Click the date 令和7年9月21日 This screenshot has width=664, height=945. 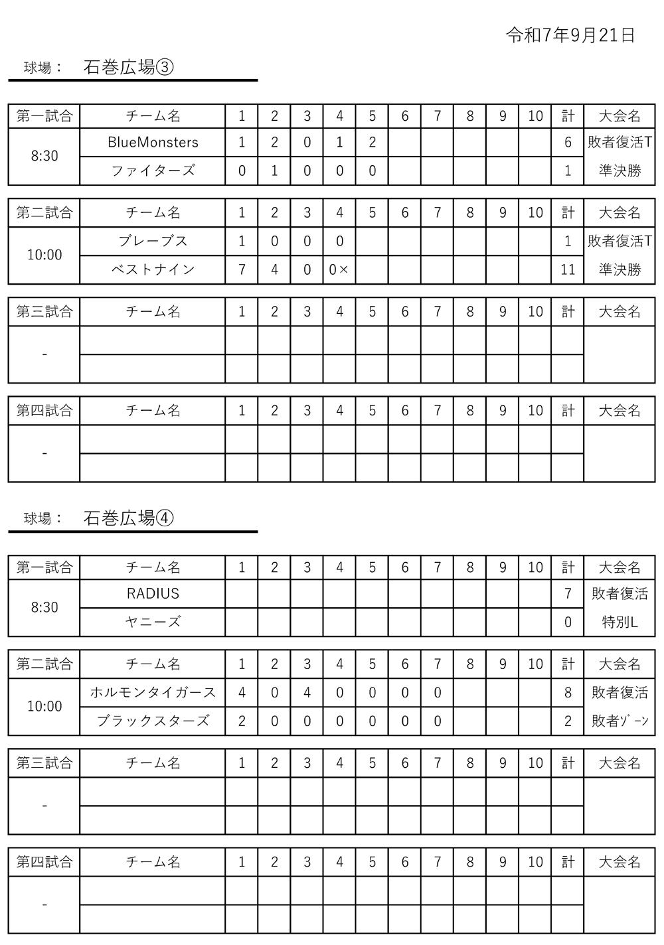[x=570, y=36]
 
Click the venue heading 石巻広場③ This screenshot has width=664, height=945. [x=129, y=67]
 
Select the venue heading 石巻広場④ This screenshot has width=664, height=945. [x=129, y=518]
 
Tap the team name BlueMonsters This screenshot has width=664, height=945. [x=153, y=142]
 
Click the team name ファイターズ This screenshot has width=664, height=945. [x=153, y=171]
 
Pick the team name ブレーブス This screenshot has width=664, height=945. [x=153, y=241]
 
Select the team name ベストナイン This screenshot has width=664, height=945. [x=153, y=269]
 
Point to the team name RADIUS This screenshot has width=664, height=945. [x=153, y=593]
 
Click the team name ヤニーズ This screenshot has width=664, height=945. [x=153, y=622]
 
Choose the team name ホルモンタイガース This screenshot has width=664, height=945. [x=153, y=692]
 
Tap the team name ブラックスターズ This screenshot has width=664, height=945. [x=153, y=721]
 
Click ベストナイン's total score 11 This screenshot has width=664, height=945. [x=568, y=269]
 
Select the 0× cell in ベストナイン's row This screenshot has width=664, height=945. [x=339, y=269]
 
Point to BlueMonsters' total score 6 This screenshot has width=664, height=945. [x=568, y=142]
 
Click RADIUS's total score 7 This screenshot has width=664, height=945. [x=568, y=593]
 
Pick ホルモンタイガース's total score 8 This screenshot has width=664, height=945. [x=568, y=692]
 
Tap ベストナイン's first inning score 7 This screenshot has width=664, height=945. [x=242, y=269]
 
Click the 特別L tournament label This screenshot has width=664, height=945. [x=620, y=622]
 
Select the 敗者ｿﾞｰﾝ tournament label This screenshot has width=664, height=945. [x=620, y=721]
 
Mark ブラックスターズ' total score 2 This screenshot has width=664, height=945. [x=568, y=721]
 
